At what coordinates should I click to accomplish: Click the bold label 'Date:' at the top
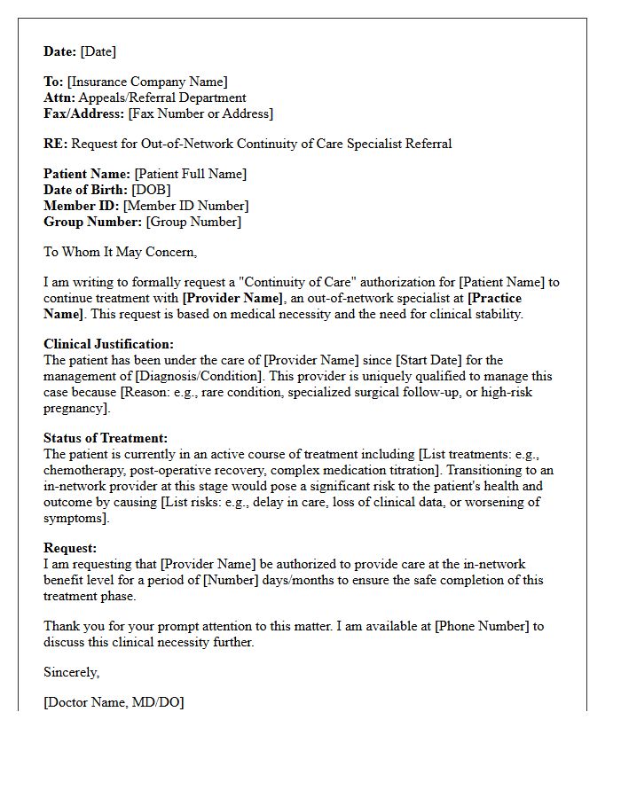60,51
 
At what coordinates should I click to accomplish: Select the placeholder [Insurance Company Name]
147,82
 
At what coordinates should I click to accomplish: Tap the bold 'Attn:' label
59,98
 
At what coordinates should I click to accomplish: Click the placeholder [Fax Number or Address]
200,113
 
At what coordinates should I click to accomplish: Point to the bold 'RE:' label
55,144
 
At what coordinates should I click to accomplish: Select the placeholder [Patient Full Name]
191,175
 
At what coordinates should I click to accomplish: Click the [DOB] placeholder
151,190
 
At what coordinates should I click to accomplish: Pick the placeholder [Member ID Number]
185,206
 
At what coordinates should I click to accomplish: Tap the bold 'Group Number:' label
93,222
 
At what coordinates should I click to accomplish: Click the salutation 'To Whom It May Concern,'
120,252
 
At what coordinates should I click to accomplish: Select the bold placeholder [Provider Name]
233,298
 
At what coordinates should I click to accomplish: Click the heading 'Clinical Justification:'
108,344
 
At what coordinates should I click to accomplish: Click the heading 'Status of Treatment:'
106,438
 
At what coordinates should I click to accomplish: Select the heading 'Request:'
70,549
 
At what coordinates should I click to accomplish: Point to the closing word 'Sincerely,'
71,672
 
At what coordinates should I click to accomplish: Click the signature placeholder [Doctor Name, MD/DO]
114,702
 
